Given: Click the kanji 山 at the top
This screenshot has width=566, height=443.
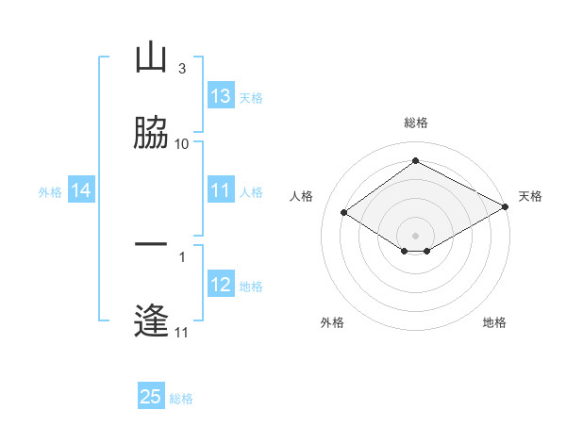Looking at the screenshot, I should tap(152, 58).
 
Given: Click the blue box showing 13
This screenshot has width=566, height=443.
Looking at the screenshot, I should tap(220, 96).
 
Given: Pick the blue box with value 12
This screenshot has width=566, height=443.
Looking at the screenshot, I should tap(220, 285).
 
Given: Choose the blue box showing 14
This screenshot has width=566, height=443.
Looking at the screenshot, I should tap(81, 190).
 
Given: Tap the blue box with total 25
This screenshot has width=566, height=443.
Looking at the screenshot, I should tap(151, 397).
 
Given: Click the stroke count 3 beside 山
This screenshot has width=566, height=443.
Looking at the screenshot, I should tap(182, 69).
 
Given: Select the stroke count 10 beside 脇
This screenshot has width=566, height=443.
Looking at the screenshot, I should tap(182, 143).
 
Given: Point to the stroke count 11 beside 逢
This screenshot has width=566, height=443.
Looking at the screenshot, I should tap(182, 332).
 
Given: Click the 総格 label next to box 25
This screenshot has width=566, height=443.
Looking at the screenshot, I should tap(181, 399).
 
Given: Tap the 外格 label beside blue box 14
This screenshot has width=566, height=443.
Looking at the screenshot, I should tap(50, 191).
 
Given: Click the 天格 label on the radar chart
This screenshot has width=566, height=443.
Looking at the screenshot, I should tap(530, 196).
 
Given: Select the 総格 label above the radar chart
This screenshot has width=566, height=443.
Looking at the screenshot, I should tap(415, 123).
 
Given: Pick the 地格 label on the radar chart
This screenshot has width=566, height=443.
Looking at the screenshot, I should tap(494, 322).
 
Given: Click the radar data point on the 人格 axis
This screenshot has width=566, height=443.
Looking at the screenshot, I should tap(344, 213).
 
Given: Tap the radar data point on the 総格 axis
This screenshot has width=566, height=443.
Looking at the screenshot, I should tap(415, 161).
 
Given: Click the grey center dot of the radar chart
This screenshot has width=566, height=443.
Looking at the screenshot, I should tap(415, 235).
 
